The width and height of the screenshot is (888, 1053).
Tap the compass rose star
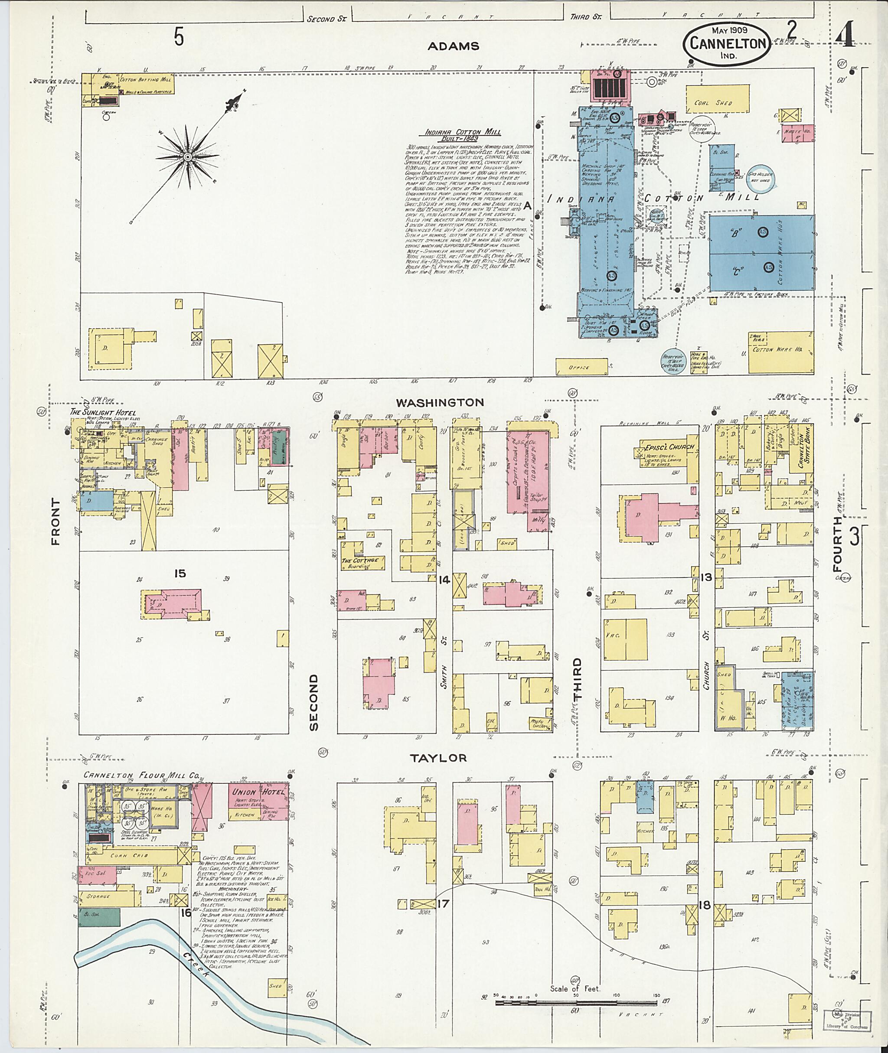tap(187, 157)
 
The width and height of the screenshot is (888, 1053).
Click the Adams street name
tap(453, 46)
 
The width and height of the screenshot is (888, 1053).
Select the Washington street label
tap(440, 402)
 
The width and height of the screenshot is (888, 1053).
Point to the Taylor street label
tap(438, 757)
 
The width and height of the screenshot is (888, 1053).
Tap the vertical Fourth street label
tap(837, 544)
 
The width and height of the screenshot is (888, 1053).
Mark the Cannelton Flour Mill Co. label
tap(141, 776)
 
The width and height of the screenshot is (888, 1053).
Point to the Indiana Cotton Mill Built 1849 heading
tap(463, 134)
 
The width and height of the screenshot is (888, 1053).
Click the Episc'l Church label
tap(670, 447)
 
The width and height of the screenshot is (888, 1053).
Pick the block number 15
tap(180, 573)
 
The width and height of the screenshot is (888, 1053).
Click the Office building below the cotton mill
tap(579, 367)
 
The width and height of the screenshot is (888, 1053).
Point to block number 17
tap(443, 903)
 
